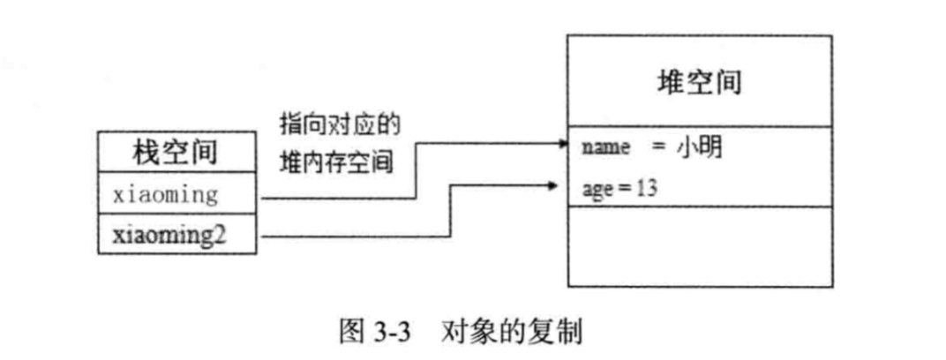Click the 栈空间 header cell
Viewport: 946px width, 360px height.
click(x=177, y=154)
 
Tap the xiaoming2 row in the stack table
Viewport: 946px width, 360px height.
click(x=177, y=236)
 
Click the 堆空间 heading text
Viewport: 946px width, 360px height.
click(x=700, y=82)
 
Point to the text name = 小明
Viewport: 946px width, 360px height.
click(x=652, y=147)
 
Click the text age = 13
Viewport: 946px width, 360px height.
click(x=619, y=187)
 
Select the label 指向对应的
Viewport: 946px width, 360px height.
click(x=341, y=124)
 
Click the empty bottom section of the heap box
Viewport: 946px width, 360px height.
click(x=700, y=246)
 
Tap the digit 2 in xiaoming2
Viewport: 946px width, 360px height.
click(x=236, y=236)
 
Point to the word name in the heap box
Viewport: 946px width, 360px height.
click(x=605, y=148)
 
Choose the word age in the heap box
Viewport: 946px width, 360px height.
click(x=596, y=188)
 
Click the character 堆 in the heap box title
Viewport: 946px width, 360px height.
click(x=671, y=82)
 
